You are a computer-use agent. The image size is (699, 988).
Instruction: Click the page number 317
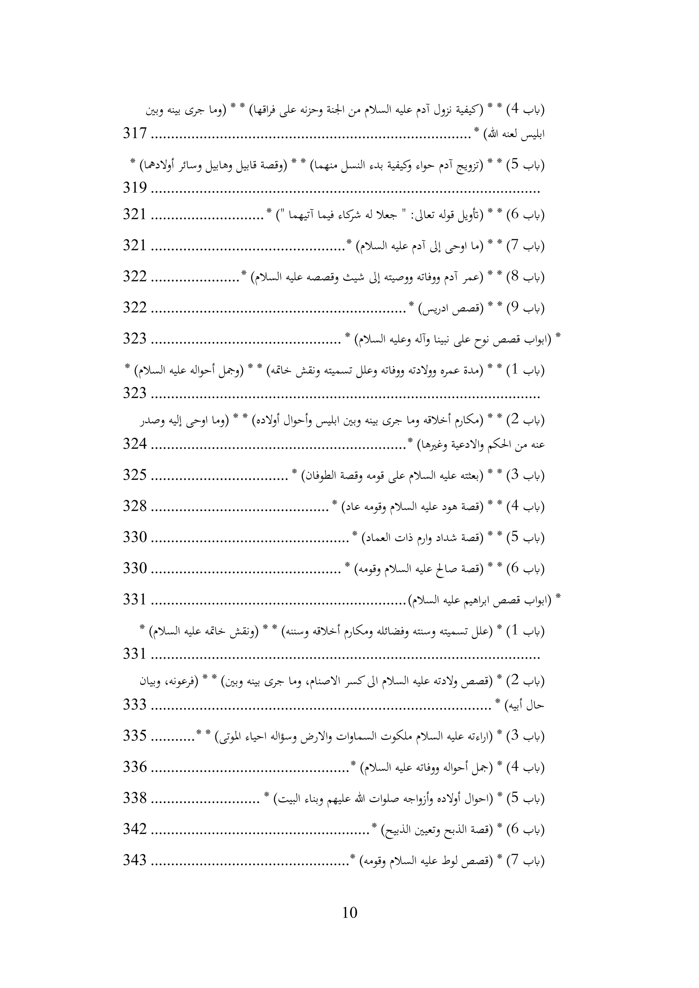click(135, 133)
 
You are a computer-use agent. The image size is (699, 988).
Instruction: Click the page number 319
click(135, 188)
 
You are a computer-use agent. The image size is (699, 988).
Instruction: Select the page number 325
click(135, 475)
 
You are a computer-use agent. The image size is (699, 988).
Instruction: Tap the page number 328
click(135, 506)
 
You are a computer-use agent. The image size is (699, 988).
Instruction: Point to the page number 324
click(135, 444)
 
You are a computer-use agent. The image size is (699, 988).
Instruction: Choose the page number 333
click(135, 705)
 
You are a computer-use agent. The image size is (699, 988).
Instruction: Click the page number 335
click(135, 736)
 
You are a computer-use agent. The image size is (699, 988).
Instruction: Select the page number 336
click(135, 767)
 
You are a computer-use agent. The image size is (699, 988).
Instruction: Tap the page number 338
click(135, 798)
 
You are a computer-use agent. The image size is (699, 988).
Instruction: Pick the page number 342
click(135, 829)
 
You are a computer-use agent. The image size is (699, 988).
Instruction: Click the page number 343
click(135, 860)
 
